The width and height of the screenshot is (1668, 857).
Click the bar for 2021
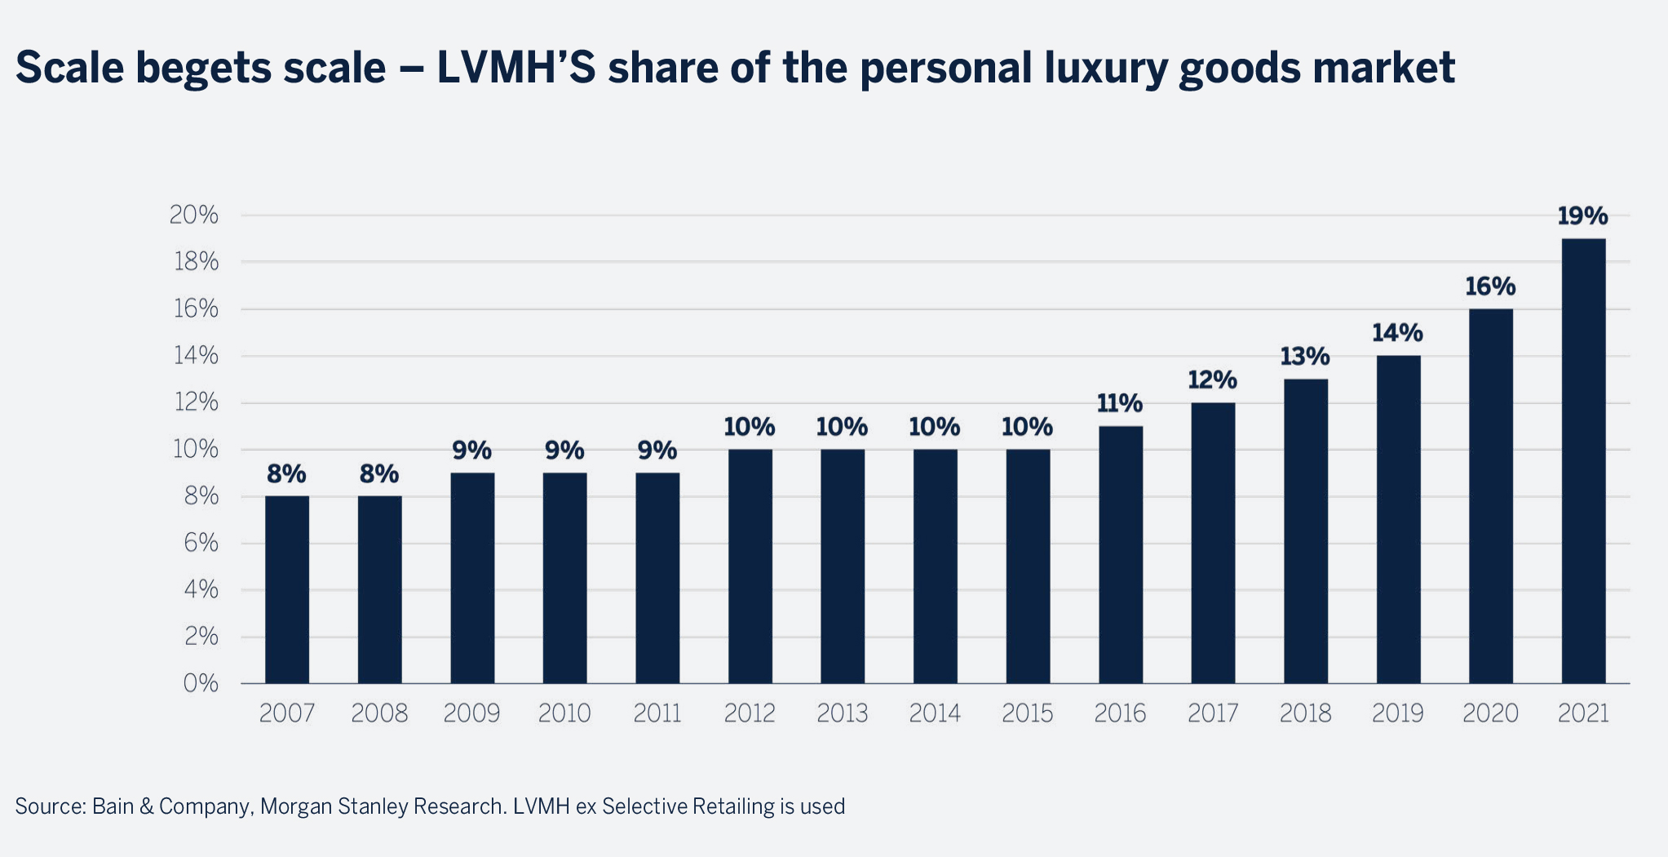tap(1583, 461)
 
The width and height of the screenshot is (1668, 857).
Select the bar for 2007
tap(287, 589)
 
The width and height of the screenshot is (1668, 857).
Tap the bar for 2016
tap(1121, 555)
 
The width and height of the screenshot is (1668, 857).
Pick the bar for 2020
tap(1490, 496)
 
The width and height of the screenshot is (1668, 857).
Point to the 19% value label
tap(1582, 216)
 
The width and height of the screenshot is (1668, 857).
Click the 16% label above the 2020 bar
tap(1490, 286)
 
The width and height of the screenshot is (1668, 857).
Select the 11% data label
tap(1120, 403)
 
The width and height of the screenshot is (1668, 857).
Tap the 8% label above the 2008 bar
tap(379, 473)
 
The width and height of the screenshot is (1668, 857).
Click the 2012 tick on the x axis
tap(750, 713)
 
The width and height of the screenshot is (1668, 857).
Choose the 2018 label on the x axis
tap(1305, 713)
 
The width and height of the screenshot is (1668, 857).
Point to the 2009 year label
tap(471, 713)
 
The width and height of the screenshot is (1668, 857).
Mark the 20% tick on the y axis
tap(194, 215)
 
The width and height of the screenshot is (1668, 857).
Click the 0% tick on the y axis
tap(201, 683)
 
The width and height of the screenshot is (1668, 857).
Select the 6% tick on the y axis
tap(201, 543)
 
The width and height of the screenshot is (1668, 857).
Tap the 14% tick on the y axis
tap(194, 356)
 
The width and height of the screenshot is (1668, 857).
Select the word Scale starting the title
tap(69, 67)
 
